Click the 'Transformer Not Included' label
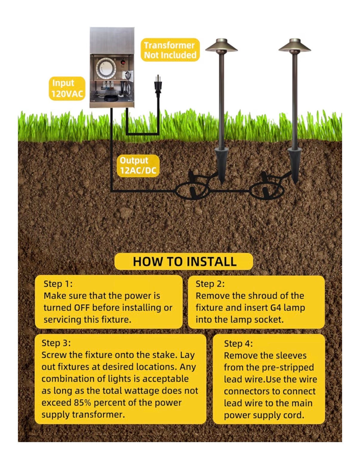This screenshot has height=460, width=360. click(170, 50)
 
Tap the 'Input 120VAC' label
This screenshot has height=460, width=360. click(67, 88)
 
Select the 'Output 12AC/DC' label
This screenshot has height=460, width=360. click(138, 165)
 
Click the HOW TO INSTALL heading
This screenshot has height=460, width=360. click(184, 261)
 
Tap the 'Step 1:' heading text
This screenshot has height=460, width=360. click(58, 284)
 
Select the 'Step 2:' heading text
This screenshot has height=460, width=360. click(210, 284)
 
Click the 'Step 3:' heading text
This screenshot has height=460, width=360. click(56, 343)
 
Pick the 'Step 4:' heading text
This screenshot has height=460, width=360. click(238, 344)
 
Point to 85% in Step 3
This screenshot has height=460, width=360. click(83, 403)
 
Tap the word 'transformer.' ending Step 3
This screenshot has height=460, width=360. click(98, 415)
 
